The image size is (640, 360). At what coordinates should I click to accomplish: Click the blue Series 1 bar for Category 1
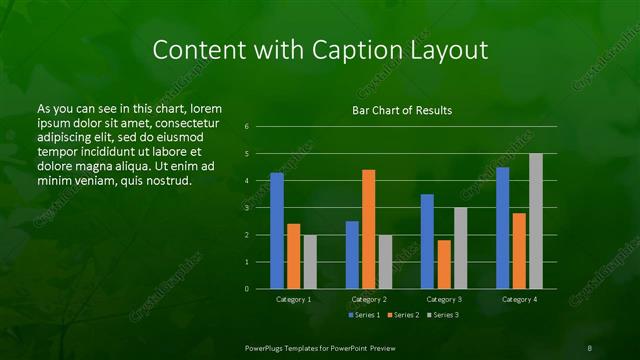[277, 231]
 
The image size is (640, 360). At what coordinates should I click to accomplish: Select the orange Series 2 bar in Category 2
[368, 229]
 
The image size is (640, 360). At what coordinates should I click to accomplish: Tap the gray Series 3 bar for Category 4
[535, 221]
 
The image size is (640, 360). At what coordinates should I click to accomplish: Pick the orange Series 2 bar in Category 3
[443, 264]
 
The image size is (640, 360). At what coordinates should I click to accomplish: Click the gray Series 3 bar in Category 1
[310, 262]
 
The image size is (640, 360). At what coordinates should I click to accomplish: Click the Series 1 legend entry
[363, 315]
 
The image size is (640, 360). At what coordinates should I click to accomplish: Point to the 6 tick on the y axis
[247, 127]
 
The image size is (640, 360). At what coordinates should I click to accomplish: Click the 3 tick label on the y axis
[247, 208]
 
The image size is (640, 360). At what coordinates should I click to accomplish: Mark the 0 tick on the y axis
[247, 289]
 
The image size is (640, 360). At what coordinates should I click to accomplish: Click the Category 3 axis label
[443, 299]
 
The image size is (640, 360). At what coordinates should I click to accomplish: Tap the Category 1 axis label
[293, 299]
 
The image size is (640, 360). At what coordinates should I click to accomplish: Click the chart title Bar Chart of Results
[403, 109]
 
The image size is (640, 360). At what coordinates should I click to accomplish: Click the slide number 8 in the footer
[589, 346]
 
